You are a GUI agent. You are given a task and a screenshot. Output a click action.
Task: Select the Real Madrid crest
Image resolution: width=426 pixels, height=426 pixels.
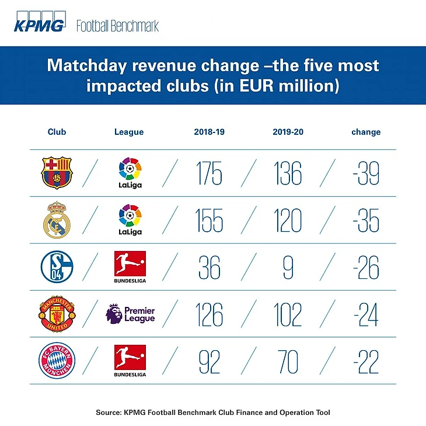[57, 220]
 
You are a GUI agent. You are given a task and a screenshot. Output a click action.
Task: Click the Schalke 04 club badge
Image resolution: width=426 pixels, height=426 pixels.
[57, 267]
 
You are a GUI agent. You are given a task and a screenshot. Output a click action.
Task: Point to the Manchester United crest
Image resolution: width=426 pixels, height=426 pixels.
[57, 315]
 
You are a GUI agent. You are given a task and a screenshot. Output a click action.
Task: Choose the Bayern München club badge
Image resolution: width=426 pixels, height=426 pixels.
[57, 362]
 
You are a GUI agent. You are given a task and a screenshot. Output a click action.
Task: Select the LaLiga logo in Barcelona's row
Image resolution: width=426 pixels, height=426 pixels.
[130, 172]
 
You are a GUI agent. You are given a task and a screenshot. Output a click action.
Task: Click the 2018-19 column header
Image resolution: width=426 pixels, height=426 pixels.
[209, 132]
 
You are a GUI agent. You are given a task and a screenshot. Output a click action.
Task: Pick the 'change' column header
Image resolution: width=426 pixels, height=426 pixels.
[366, 132]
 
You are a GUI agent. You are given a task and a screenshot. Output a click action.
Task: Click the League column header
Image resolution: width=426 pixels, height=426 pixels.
[129, 132]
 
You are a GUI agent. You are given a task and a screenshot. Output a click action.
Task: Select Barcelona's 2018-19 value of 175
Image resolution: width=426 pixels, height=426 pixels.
[208, 173]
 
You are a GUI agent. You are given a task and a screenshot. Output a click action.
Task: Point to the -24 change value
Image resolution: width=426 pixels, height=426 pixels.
[366, 315]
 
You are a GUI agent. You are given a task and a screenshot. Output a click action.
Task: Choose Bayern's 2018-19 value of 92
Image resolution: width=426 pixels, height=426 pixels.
[208, 362]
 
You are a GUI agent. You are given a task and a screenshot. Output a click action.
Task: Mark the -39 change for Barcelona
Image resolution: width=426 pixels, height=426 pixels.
[366, 173]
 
